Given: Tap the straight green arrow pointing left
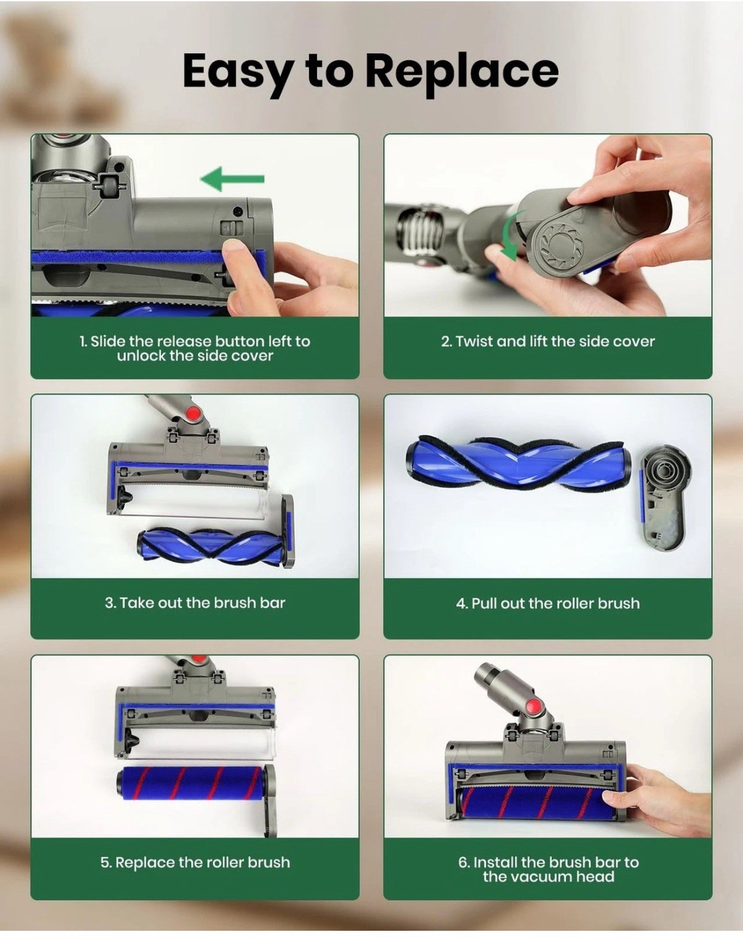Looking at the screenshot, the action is click(232, 179).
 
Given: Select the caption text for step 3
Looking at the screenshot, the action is click(195, 603).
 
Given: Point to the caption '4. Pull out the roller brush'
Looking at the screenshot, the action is click(548, 603).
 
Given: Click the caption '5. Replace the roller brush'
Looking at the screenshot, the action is click(195, 863).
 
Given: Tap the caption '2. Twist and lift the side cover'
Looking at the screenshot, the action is click(548, 341).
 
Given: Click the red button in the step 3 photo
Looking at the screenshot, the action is click(192, 413).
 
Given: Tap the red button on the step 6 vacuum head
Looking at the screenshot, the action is click(534, 706).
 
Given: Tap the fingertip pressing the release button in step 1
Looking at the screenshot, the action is click(233, 251).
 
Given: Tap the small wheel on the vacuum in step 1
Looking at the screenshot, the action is click(107, 187).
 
